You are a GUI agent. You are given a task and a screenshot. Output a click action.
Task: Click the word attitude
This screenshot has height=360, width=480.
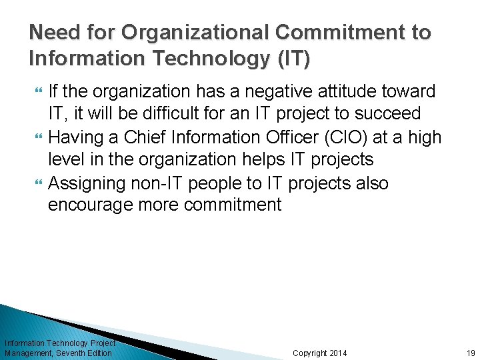pyautogui.click(x=349, y=91)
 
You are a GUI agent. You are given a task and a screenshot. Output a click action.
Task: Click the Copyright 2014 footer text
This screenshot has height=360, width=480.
pyautogui.click(x=320, y=353)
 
